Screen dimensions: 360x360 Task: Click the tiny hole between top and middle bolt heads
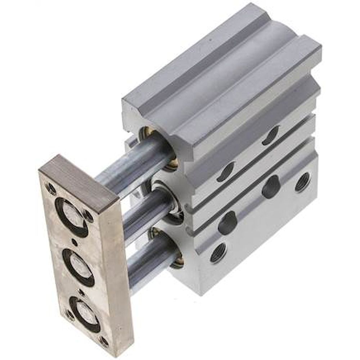click(75, 242)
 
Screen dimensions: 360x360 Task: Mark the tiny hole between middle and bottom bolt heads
click(82, 292)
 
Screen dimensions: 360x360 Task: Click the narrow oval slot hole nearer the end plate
click(226, 172)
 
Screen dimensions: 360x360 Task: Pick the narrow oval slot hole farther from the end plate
click(270, 136)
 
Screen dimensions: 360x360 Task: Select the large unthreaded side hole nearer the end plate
click(227, 222)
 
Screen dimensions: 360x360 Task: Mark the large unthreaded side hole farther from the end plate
click(271, 187)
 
